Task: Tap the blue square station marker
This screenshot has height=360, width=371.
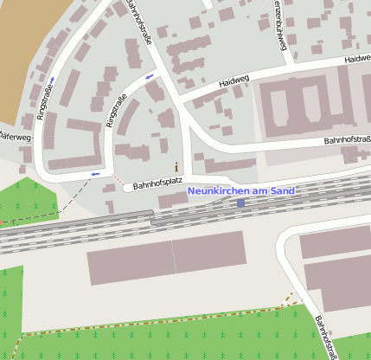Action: tap(240, 202)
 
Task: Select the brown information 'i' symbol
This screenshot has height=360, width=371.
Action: tap(176, 166)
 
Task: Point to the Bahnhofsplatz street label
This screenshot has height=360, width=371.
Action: tap(156, 185)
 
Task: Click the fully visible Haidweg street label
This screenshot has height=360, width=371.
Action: tap(233, 80)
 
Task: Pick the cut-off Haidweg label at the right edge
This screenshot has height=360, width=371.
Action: tap(357, 59)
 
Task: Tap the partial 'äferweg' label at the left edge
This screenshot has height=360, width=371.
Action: tap(16, 137)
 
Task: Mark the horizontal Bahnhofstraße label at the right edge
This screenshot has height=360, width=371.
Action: tap(347, 138)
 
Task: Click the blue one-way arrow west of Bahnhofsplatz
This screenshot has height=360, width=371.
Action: tap(94, 173)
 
